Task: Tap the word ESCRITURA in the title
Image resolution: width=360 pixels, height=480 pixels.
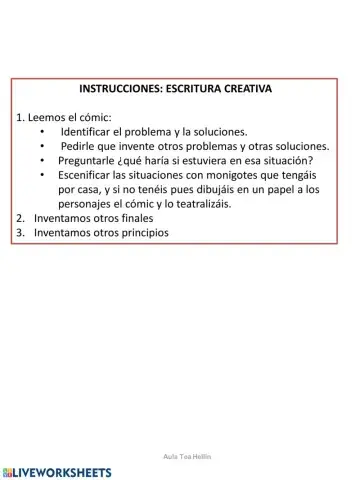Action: pos(204,88)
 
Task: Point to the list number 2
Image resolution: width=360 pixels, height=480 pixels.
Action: pos(20,218)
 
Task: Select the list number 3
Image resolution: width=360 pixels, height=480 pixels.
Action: pos(20,233)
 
